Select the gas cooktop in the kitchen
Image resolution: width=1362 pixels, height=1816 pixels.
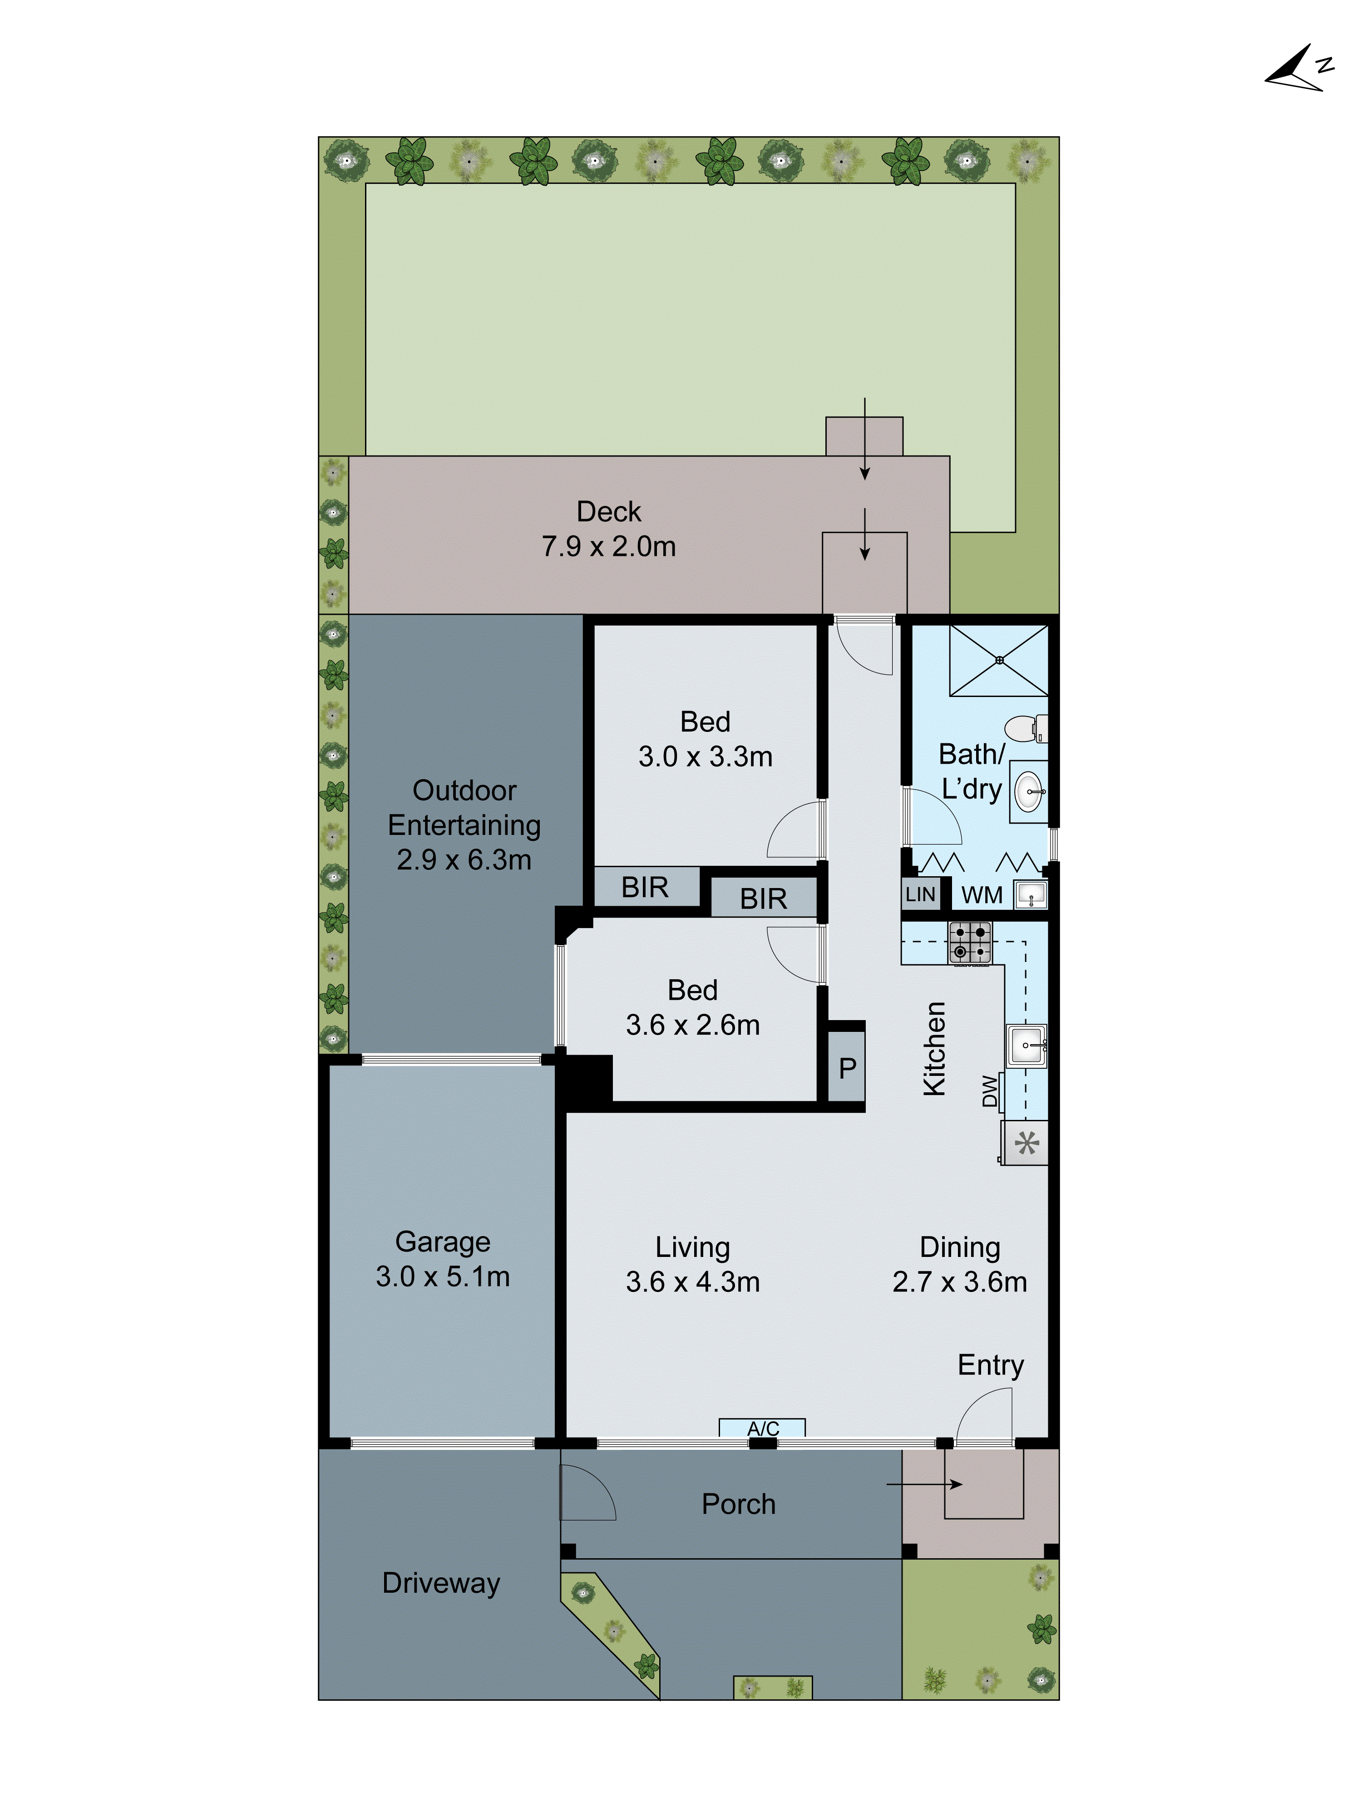pyautogui.click(x=970, y=942)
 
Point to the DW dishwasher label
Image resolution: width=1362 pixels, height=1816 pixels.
pyautogui.click(x=990, y=1091)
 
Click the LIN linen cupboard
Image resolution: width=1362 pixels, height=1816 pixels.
pyautogui.click(x=920, y=894)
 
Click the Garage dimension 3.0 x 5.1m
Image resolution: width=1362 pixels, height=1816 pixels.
pyautogui.click(x=443, y=1276)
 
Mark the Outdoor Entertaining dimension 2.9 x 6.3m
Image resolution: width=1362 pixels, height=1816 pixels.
pyautogui.click(x=464, y=859)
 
